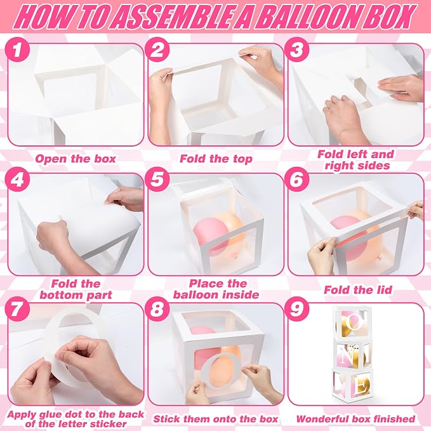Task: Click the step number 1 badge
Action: (x=17, y=50)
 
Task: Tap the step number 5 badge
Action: (x=157, y=180)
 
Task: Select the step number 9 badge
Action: (x=297, y=309)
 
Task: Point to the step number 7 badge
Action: (x=17, y=309)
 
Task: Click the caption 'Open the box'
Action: (x=76, y=159)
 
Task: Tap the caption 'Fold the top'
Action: (x=216, y=159)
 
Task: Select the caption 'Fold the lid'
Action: (x=358, y=289)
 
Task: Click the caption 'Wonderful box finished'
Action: (x=355, y=419)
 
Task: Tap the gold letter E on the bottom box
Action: (x=361, y=385)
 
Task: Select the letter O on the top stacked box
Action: (x=355, y=321)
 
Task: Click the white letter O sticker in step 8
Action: (x=220, y=371)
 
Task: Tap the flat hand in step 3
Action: (x=400, y=88)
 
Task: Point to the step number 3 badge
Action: (x=297, y=50)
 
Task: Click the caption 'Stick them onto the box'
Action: (x=216, y=419)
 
